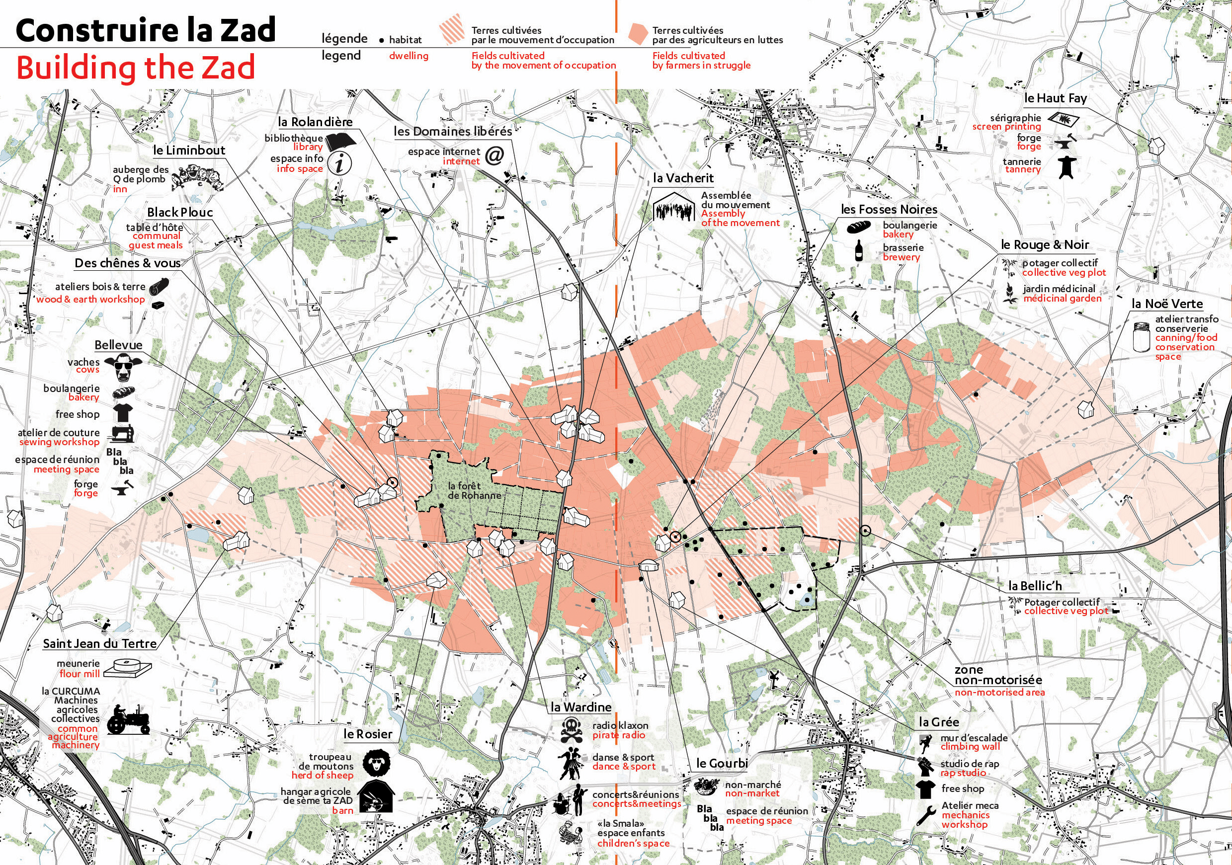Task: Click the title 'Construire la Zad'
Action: [x=146, y=30]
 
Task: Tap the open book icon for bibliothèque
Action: [x=341, y=142]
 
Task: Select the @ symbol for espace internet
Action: [x=494, y=156]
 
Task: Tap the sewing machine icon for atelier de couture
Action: [x=123, y=434]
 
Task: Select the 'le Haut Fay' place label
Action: [x=1055, y=98]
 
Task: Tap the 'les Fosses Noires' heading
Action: [x=889, y=209]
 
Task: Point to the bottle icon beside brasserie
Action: [x=859, y=250]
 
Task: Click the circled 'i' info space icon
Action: [x=339, y=163]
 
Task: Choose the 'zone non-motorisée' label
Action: [x=998, y=675]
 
